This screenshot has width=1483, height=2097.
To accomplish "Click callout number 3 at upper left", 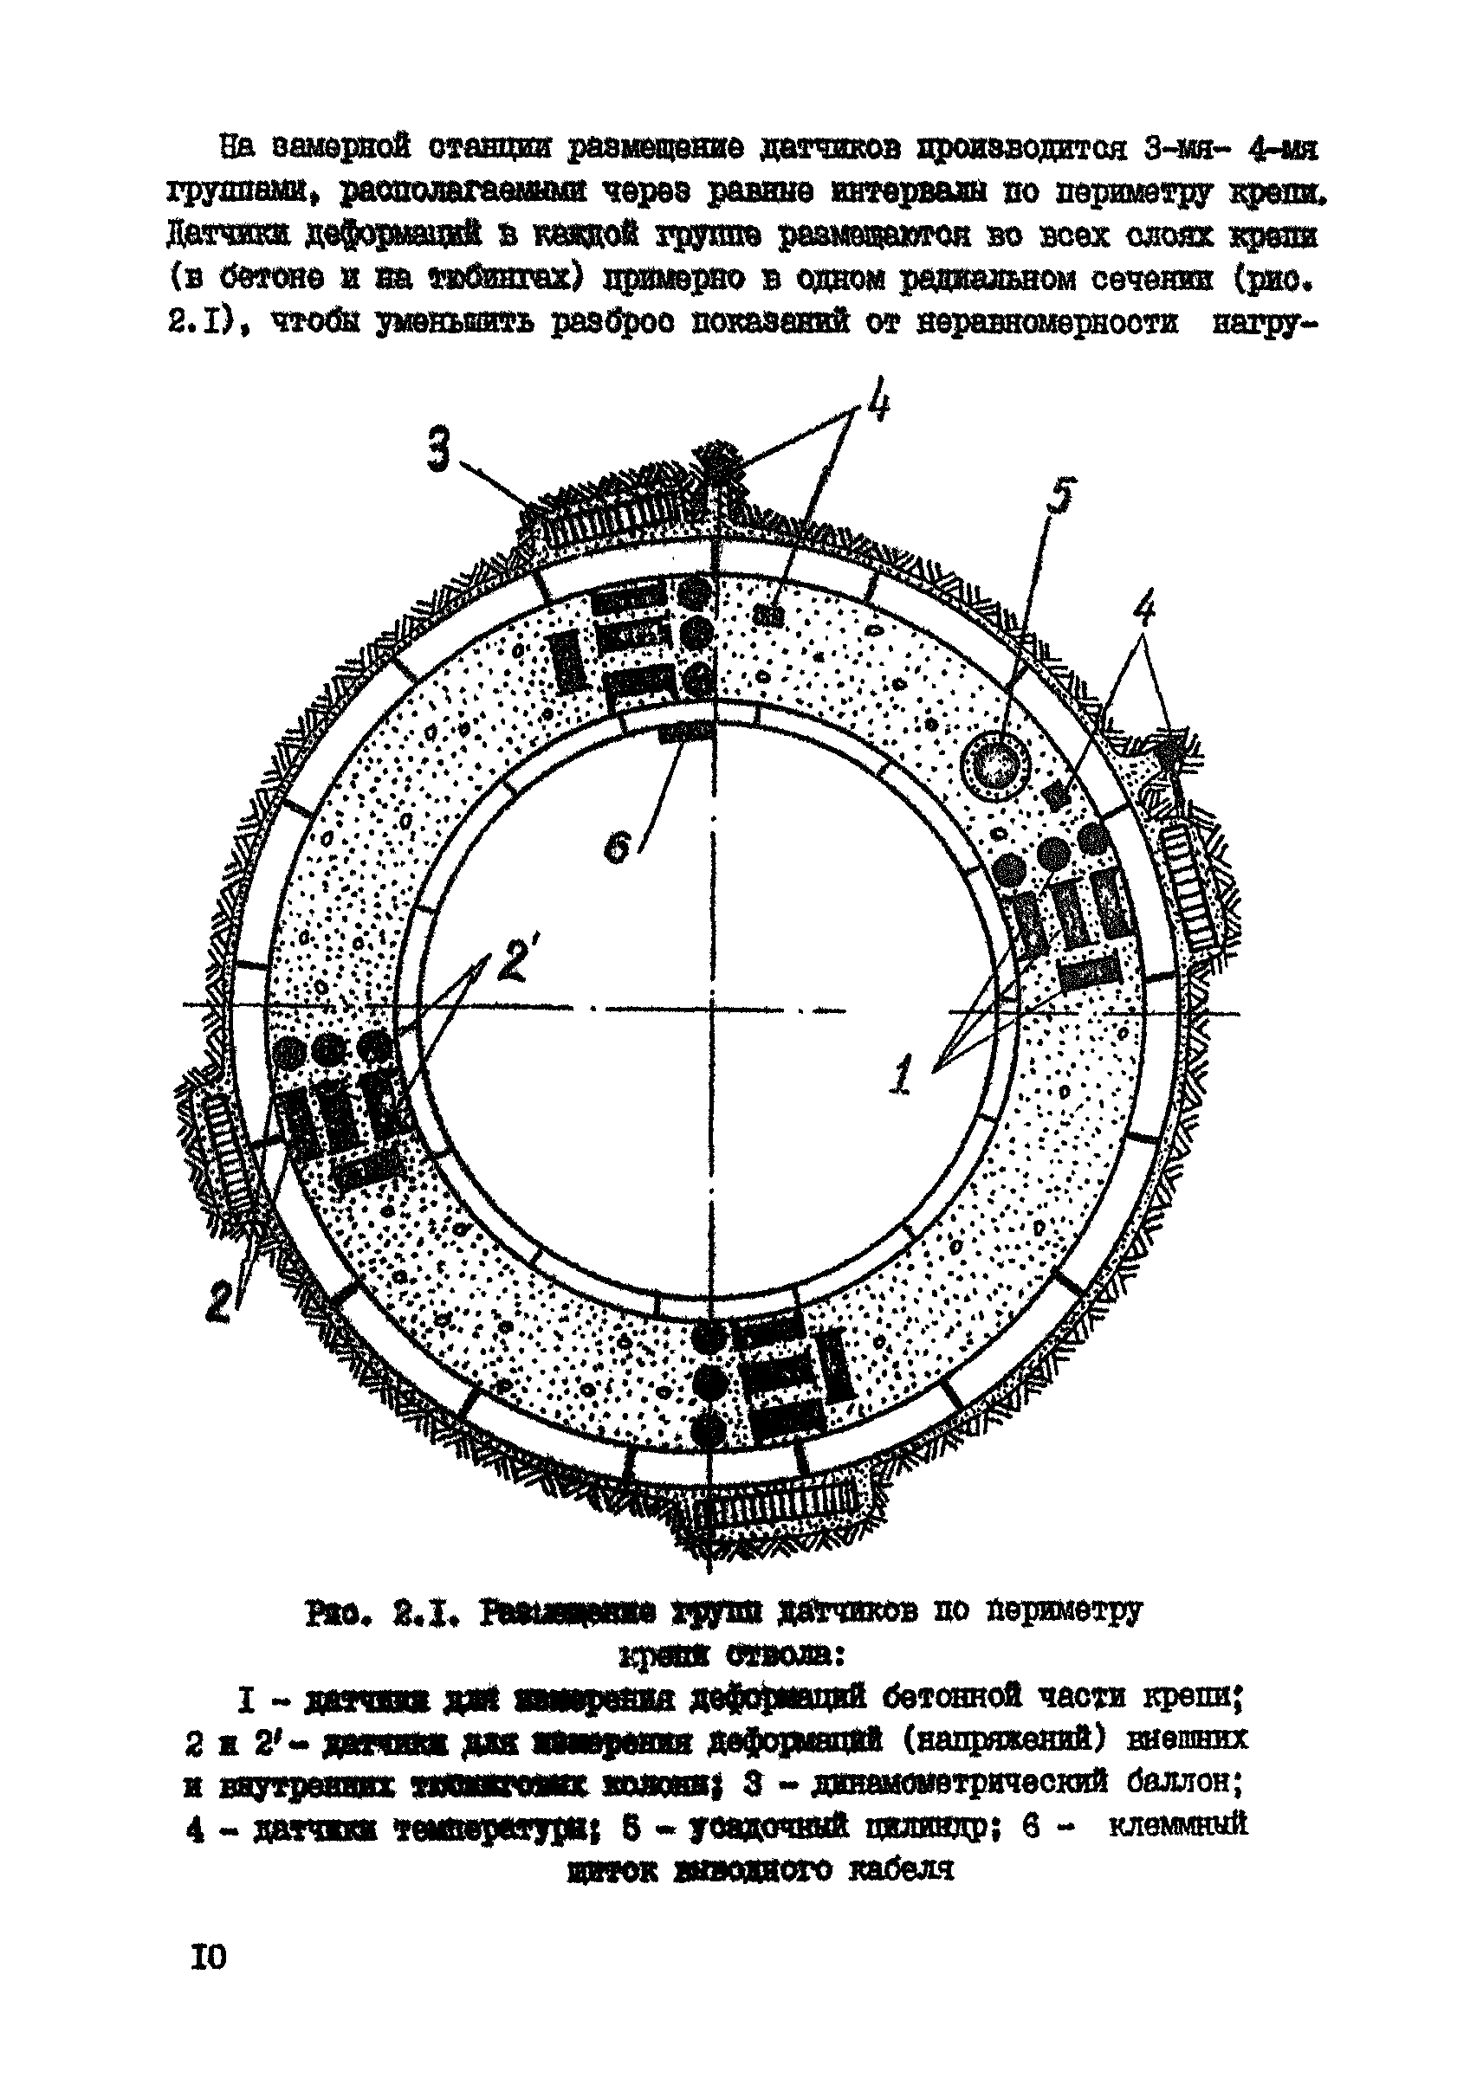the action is [439, 452].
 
